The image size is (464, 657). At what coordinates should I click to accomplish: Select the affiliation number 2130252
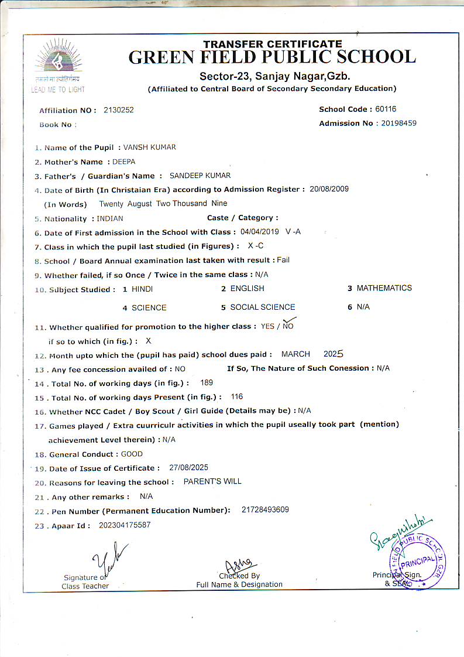118,110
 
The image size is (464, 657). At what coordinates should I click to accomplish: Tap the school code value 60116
386,109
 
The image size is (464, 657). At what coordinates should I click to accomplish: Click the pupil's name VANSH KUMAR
149,148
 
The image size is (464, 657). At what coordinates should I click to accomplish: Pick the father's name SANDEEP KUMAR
200,176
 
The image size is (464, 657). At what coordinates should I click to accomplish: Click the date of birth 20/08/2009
329,189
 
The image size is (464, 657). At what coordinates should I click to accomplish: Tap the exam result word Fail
283,260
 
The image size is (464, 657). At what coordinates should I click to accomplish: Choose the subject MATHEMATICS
384,288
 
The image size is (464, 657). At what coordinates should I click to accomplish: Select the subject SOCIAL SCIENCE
262,307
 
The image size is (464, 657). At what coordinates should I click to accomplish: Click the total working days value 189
207,383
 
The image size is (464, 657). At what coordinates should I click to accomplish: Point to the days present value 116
237,397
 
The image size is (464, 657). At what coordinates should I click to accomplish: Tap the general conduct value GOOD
132,454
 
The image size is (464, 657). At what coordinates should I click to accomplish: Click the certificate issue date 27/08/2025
188,468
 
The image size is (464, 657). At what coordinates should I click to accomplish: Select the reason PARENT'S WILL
212,482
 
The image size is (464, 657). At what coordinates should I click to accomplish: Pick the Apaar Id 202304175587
125,525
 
